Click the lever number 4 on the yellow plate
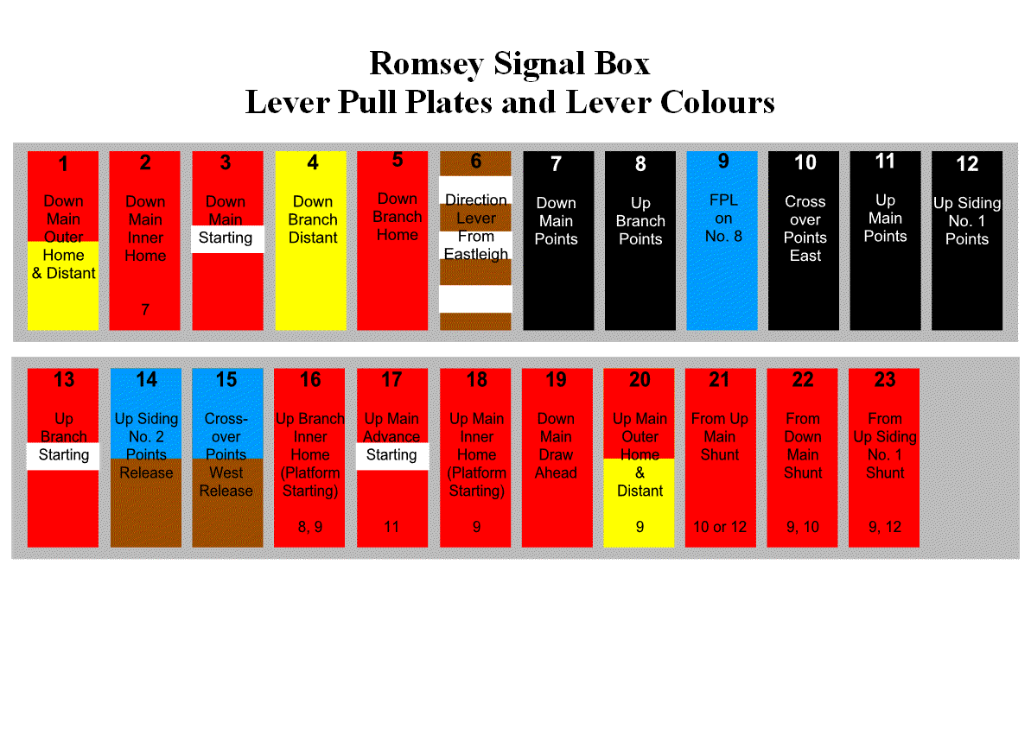coord(312,162)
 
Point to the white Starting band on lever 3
coord(226,238)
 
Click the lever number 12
coord(967,163)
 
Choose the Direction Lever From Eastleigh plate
coord(475,241)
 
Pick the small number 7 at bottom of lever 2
coord(145,310)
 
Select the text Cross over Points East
coord(805,228)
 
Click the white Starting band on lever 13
coord(63,455)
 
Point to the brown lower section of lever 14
coord(146,510)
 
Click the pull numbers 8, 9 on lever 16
coord(309,527)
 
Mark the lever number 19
coord(556,380)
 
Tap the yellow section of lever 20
coord(639,510)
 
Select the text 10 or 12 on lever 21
coord(719,527)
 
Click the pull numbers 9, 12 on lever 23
coord(885,527)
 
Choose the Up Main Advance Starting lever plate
coord(391,458)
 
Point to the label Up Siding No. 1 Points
coord(966,221)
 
